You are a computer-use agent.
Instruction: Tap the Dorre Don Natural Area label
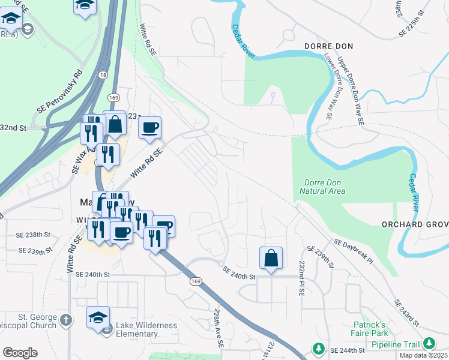pyautogui.click(x=322, y=187)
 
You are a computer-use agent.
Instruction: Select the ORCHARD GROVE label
pyautogui.click(x=415, y=224)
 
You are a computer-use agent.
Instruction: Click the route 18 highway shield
pyautogui.click(x=103, y=75)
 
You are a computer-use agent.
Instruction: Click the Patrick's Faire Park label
pyautogui.click(x=369, y=329)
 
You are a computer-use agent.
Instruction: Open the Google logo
pyautogui.click(x=20, y=352)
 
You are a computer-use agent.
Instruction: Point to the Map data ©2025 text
pyautogui.click(x=423, y=355)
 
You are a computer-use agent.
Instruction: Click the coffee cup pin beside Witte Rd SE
pyautogui.click(x=149, y=127)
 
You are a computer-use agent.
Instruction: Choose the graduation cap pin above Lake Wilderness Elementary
pyautogui.click(x=98, y=317)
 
